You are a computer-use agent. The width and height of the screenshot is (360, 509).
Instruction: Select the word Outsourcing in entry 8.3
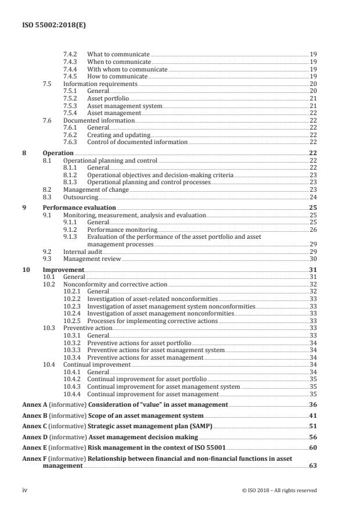(81, 197)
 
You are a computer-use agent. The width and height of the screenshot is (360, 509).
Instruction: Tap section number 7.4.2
(71, 54)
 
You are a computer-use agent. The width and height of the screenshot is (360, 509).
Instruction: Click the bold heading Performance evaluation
(80, 207)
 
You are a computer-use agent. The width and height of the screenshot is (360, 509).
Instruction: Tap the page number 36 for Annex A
(312, 404)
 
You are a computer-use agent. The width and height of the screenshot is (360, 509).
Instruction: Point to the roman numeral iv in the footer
(25, 490)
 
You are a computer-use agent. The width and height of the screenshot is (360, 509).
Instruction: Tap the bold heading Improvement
(64, 270)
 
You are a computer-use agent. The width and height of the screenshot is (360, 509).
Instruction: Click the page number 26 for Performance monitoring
(312, 229)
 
